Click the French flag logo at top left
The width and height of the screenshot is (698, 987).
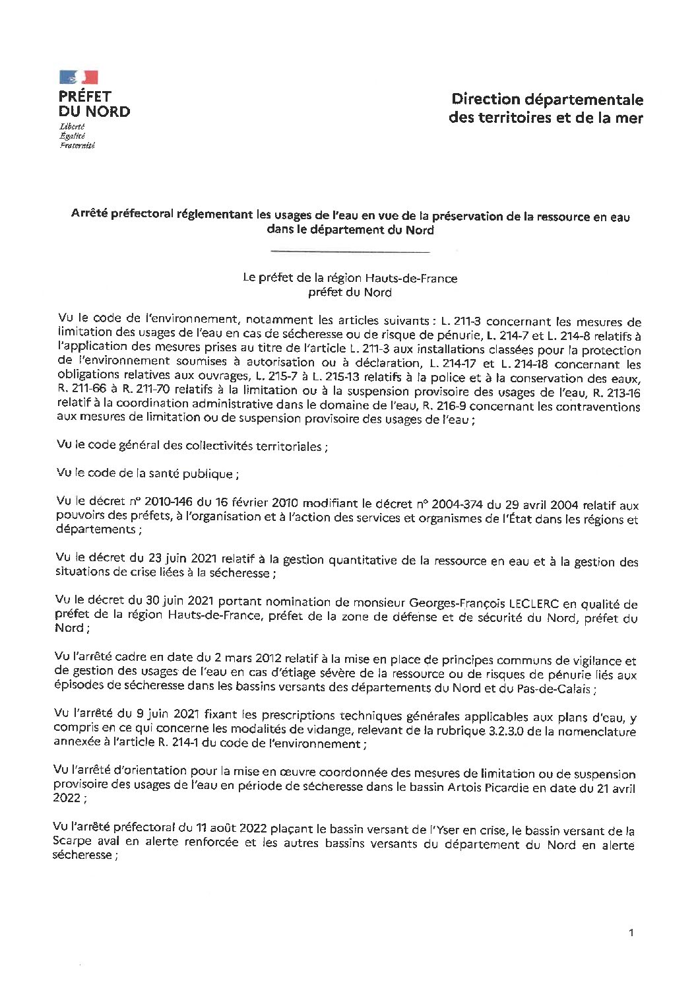[79, 77]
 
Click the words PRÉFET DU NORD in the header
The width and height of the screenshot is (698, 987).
[94, 104]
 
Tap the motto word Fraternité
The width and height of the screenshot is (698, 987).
[77, 145]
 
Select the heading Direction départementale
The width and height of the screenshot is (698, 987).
[547, 100]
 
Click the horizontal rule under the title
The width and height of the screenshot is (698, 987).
[350, 252]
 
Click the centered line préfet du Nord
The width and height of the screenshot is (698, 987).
[350, 292]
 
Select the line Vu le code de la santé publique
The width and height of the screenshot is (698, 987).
[144, 473]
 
